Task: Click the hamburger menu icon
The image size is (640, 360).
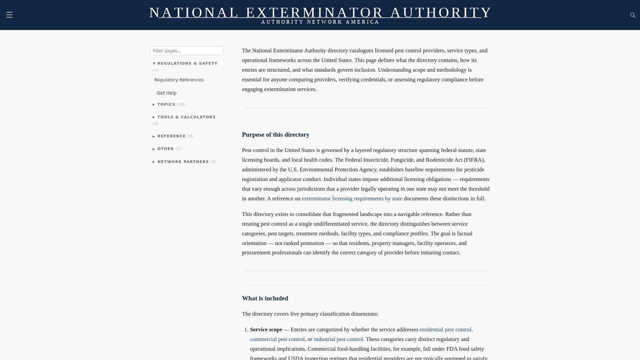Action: coord(9,15)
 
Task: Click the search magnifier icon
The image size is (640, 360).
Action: coord(633,15)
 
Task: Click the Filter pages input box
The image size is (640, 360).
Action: coord(186,51)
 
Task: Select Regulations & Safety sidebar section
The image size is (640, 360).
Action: coord(187,63)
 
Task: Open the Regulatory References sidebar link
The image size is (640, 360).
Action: coord(179,80)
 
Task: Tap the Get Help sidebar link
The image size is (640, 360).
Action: coord(166,93)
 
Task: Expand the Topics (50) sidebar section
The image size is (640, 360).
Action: coord(166,105)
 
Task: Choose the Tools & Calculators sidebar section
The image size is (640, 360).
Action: coord(186,117)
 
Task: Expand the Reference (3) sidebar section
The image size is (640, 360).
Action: coord(171,136)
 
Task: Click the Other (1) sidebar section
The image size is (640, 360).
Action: coord(165,149)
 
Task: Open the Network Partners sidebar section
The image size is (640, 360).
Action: coord(183,162)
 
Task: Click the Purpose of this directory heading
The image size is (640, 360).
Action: coord(276,135)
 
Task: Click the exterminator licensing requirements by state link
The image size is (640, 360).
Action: coord(352,199)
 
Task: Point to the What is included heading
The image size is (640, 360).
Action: coord(265,298)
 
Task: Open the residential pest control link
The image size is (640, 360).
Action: coord(445,330)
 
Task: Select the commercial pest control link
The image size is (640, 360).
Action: coord(277,339)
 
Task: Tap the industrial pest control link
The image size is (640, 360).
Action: coord(338,339)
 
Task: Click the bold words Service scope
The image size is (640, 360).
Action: coord(266,330)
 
